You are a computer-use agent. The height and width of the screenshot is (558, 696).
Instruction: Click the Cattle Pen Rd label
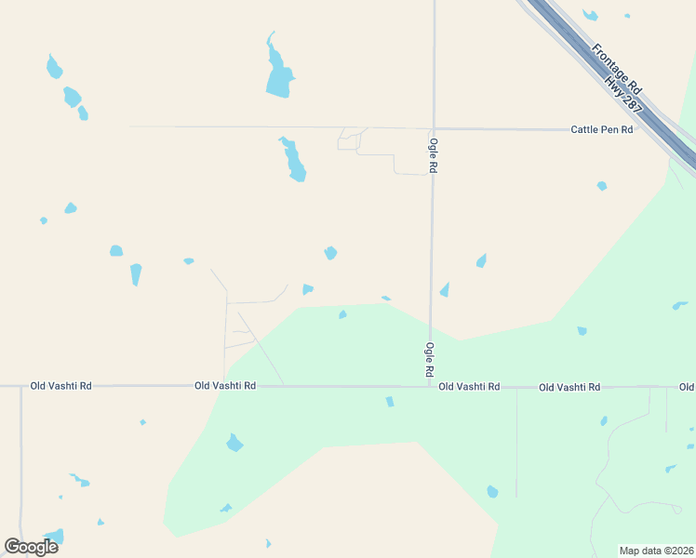click(601, 129)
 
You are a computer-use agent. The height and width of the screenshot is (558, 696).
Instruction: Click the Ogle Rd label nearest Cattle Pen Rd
click(433, 154)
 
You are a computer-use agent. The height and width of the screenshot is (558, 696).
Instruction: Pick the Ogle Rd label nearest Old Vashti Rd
click(430, 359)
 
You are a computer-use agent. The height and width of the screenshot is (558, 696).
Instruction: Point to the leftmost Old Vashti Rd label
click(61, 385)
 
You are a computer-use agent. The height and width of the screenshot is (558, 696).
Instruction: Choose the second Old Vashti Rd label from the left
click(225, 385)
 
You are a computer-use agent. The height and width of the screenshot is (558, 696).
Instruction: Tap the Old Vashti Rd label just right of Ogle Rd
click(469, 386)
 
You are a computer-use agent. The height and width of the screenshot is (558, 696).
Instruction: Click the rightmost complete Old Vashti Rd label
click(569, 386)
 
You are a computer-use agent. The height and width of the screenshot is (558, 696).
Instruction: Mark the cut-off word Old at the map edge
click(687, 386)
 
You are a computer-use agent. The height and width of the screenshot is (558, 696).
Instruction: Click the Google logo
click(32, 546)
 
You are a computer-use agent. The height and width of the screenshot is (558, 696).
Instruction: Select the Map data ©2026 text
click(655, 551)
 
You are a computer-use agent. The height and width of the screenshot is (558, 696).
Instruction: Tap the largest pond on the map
click(277, 71)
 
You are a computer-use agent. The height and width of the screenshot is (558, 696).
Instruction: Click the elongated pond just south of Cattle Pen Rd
click(293, 160)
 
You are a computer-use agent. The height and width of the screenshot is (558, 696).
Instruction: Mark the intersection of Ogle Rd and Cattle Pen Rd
click(433, 128)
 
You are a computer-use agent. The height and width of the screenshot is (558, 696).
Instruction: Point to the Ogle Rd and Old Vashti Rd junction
click(429, 385)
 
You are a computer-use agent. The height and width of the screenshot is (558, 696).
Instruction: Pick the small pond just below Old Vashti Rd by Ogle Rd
click(390, 402)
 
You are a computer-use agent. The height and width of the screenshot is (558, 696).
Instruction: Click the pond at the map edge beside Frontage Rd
click(589, 15)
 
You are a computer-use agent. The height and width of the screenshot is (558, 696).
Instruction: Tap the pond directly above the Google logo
click(55, 537)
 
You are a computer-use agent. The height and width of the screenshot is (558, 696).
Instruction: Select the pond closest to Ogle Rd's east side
click(445, 290)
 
